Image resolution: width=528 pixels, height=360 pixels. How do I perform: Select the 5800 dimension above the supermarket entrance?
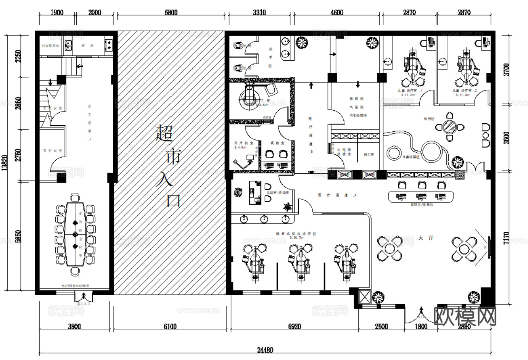pyautogui.click(x=171, y=12)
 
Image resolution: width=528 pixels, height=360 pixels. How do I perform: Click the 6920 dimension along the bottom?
pyautogui.click(x=294, y=326)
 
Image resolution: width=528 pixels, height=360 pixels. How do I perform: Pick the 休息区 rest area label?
pyautogui.click(x=429, y=119)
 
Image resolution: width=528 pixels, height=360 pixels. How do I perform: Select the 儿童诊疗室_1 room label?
pyautogui.click(x=410, y=91)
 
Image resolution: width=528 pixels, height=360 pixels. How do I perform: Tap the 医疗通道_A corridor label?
pyautogui.click(x=338, y=195)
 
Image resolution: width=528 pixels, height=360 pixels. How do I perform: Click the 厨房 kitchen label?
pyautogui.click(x=87, y=45)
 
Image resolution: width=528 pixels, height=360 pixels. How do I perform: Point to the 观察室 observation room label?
pyautogui.click(x=275, y=143)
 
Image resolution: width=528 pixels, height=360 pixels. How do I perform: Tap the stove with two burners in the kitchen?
pyautogui.click(x=108, y=45)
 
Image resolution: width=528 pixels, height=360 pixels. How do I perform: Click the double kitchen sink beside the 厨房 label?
pyautogui.click(x=69, y=45)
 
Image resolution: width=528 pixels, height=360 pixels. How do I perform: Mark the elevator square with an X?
pyautogui.click(x=364, y=297)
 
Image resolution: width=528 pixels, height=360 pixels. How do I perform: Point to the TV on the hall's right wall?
pyautogui.click(x=489, y=247)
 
